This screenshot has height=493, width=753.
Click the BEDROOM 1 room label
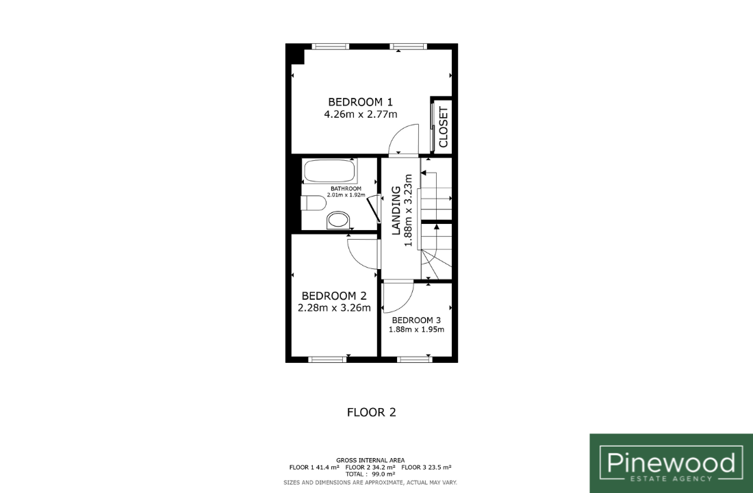click(x=360, y=102)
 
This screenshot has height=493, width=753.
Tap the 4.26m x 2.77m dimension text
click(x=361, y=114)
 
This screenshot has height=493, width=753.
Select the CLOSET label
click(x=444, y=127)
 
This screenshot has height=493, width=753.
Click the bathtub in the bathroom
click(x=329, y=171)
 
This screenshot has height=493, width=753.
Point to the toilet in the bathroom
click(x=313, y=203)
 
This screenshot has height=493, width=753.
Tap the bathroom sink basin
click(x=339, y=221)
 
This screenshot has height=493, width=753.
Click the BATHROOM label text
click(x=346, y=189)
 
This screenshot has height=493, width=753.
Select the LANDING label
click(x=396, y=210)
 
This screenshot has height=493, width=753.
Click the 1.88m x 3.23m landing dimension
click(x=409, y=210)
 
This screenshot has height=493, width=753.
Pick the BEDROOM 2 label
click(x=334, y=296)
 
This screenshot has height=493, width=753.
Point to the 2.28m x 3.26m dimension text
click(x=334, y=308)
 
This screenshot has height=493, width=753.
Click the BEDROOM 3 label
click(x=416, y=320)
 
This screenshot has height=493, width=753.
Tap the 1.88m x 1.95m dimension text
click(x=416, y=329)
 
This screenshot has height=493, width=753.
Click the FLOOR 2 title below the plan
click(x=372, y=412)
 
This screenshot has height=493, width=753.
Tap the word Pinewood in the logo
click(x=671, y=463)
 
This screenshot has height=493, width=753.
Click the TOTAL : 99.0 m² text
click(x=370, y=474)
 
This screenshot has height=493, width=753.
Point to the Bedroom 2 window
click(x=327, y=359)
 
